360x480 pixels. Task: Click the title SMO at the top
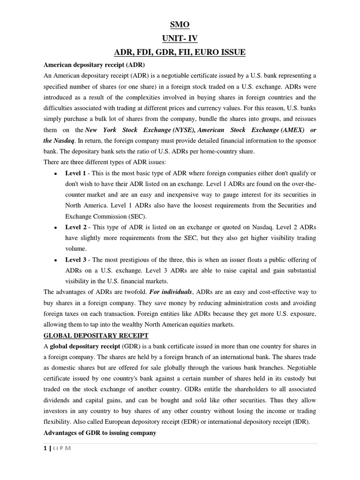[180, 25]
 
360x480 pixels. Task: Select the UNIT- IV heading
[180, 38]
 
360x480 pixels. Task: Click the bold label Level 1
[75, 173]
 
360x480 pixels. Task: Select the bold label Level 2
[75, 227]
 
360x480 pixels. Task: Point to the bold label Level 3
[75, 260]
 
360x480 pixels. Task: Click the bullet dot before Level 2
[55, 228]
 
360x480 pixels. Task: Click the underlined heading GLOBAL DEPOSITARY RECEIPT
[96, 336]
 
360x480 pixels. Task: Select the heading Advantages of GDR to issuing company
[99, 433]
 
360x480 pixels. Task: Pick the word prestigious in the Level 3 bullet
[124, 260]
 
